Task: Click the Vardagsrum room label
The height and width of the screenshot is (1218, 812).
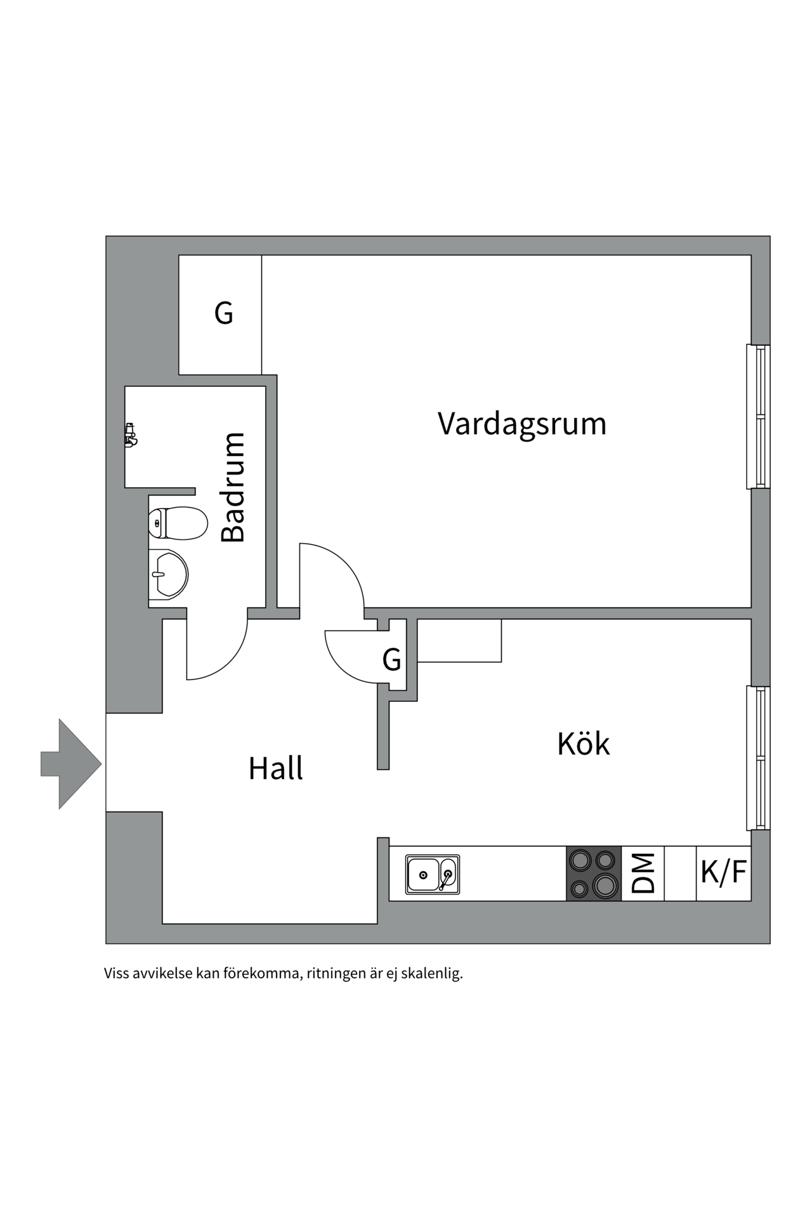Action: (x=521, y=424)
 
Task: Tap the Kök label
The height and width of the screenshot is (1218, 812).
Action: (x=583, y=743)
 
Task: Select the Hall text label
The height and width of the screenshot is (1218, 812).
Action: (x=275, y=768)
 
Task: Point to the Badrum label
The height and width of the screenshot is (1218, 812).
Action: (x=233, y=487)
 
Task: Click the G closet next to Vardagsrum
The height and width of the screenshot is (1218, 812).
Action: (x=223, y=313)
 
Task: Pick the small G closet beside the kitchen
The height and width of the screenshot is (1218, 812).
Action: (x=391, y=660)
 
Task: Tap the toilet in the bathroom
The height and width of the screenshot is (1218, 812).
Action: (x=178, y=523)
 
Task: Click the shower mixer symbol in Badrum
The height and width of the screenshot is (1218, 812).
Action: (x=131, y=435)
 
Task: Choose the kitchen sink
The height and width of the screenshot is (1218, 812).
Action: (x=433, y=875)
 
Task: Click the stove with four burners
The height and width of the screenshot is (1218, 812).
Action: (x=593, y=874)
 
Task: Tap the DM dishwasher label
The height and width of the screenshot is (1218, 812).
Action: (x=643, y=874)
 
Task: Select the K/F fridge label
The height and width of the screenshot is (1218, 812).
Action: (x=723, y=872)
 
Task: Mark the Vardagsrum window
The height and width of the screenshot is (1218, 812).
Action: (x=758, y=417)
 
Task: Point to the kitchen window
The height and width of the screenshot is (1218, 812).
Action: (x=758, y=757)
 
